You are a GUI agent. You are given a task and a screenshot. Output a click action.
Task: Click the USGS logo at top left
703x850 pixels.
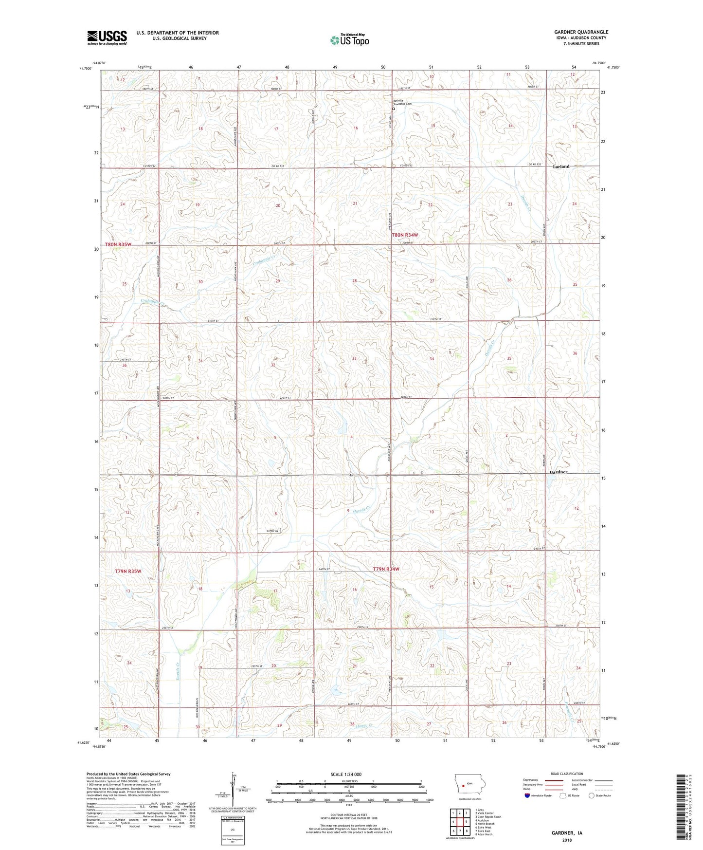tap(107, 37)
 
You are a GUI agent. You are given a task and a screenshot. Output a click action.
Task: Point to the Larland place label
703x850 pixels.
tap(561, 166)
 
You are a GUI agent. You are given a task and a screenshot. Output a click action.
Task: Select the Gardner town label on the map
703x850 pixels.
tap(558, 472)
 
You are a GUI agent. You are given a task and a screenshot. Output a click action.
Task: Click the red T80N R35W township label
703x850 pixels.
tap(118, 244)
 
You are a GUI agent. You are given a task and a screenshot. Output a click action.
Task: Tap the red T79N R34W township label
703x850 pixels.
tap(386, 569)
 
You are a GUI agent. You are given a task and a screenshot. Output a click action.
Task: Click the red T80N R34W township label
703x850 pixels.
tap(405, 235)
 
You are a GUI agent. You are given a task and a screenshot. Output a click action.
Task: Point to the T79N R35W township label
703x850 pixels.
tap(128, 571)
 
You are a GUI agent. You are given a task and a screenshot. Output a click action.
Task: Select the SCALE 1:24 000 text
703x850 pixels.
tap(346, 774)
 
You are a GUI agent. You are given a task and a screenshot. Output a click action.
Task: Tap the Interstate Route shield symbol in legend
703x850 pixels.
tap(528, 795)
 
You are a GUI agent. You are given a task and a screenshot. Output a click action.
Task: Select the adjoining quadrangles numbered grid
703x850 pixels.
tap(459, 821)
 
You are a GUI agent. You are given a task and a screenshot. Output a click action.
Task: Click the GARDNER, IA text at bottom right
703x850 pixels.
tap(567, 832)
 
